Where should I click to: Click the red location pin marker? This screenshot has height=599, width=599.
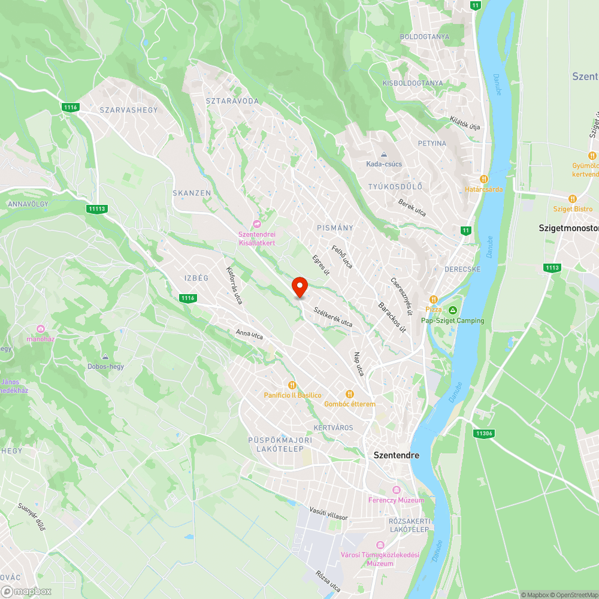pyautogui.click(x=299, y=287)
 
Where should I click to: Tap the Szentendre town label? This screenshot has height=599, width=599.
pyautogui.click(x=397, y=455)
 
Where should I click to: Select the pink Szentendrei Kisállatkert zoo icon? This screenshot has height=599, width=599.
pyautogui.click(x=257, y=223)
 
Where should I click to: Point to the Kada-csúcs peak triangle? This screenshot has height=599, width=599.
pyautogui.click(x=384, y=155)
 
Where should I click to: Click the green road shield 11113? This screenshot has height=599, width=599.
pyautogui.click(x=96, y=208)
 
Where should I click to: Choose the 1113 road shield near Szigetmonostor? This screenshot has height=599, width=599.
pyautogui.click(x=552, y=268)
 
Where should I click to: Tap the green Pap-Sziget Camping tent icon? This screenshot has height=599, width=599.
pyautogui.click(x=453, y=310)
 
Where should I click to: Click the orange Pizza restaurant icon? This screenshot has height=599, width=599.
pyautogui.click(x=434, y=299)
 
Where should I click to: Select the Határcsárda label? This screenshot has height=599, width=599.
pyautogui.click(x=484, y=189)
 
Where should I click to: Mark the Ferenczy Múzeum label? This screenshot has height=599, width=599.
pyautogui.click(x=396, y=500)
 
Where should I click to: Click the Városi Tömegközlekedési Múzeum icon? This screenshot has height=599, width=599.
pyautogui.click(x=380, y=544)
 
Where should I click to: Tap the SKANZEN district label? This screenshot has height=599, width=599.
pyautogui.click(x=192, y=193)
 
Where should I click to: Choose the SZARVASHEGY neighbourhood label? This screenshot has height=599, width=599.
pyautogui.click(x=129, y=110)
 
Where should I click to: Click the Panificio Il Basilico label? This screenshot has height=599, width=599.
pyautogui.click(x=293, y=395)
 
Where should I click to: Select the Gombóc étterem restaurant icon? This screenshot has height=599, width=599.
pyautogui.click(x=350, y=394)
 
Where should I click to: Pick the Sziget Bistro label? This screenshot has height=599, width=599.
pyautogui.click(x=574, y=209)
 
